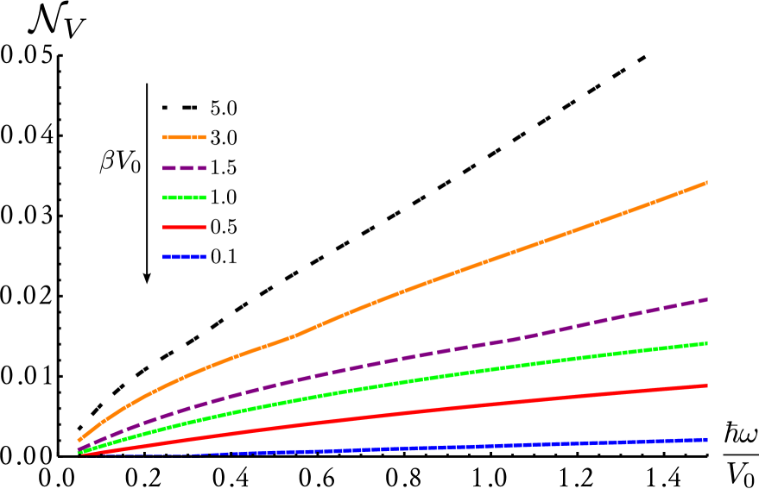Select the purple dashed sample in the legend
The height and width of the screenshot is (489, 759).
tap(184, 168)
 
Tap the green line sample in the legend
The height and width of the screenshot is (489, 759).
tap(184, 197)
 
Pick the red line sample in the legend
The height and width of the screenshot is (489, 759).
tap(184, 228)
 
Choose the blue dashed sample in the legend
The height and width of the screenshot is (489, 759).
tap(184, 257)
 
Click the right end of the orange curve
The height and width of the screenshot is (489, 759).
tap(706, 183)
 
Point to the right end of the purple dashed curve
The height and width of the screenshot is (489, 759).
tap(706, 299)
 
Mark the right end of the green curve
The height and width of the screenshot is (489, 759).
tap(706, 343)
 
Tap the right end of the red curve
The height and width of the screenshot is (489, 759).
tap(706, 386)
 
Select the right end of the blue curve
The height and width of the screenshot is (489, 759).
tap(706, 440)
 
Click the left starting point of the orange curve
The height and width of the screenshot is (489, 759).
tap(79, 440)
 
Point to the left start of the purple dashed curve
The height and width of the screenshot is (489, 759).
tap(79, 449)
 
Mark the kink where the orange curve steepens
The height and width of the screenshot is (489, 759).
tap(296, 335)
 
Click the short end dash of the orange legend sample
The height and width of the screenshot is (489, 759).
tap(202, 137)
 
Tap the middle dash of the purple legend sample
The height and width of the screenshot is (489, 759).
tap(184, 168)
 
